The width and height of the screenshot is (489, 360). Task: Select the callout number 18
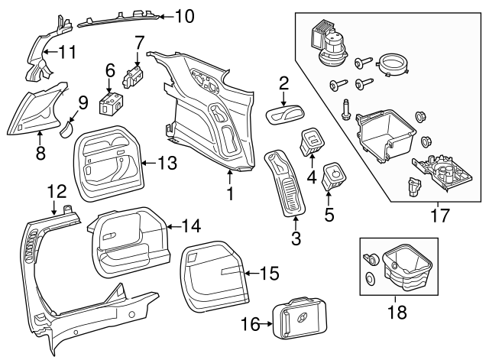397,312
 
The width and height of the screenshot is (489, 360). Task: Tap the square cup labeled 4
311,140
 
